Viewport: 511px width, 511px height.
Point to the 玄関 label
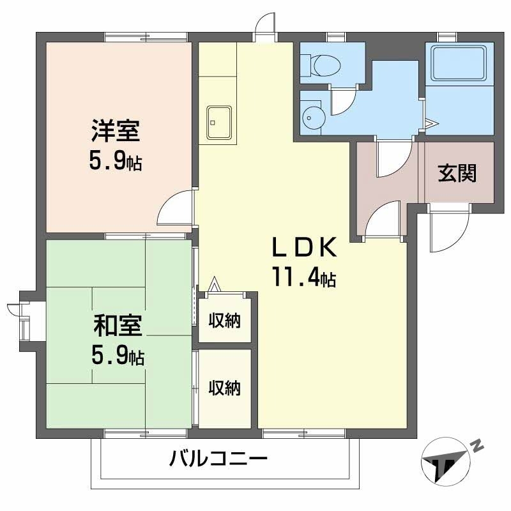[457, 173]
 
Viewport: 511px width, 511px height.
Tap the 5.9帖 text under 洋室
[116, 162]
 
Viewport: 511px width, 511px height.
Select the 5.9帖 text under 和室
[118, 355]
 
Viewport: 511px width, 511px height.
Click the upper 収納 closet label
[225, 321]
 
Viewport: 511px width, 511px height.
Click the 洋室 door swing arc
[174, 208]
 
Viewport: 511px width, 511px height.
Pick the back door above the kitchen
[264, 27]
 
